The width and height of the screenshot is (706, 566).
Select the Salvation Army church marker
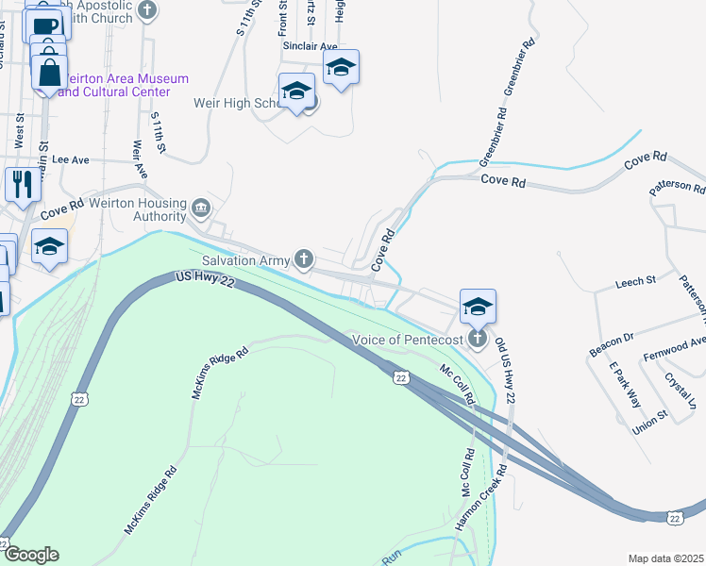pos(304,258)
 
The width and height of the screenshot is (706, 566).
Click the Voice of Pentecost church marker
pos(478,339)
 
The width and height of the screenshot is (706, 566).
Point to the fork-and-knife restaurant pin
pos(21,184)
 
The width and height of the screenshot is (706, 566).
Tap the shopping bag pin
pos(48,73)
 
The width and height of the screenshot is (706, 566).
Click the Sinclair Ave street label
pos(310,45)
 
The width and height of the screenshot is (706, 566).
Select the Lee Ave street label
pos(70,160)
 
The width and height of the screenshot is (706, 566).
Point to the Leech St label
pos(635,281)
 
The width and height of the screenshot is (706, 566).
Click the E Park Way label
pos(623,384)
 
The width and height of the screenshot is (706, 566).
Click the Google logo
pos(31,555)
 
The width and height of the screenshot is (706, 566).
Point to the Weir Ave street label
pos(141,159)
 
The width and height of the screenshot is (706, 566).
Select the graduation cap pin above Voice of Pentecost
pos(478,307)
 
